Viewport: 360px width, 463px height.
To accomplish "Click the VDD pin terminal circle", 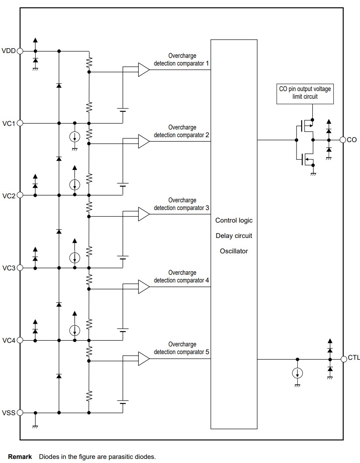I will click(x=19, y=51).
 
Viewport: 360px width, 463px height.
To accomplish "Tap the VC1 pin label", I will click(x=8, y=123).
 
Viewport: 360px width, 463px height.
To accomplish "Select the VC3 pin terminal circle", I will click(x=19, y=268).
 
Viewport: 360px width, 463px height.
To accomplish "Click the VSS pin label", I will click(x=8, y=413).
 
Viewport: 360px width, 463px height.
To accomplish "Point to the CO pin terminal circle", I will click(x=343, y=140).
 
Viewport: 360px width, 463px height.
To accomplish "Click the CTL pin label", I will click(x=354, y=358).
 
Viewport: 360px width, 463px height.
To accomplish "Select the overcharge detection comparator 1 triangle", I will click(x=143, y=70).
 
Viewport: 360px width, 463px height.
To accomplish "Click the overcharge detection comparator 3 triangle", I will click(x=143, y=214).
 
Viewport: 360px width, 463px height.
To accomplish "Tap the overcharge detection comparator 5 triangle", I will click(x=143, y=359).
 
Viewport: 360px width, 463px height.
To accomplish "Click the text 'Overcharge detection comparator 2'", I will click(x=181, y=131).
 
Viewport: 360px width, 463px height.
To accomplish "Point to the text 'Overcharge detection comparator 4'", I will click(x=181, y=276).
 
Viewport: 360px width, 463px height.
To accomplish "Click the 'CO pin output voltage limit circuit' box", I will click(x=305, y=93).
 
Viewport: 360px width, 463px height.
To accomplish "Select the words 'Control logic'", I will click(x=234, y=221).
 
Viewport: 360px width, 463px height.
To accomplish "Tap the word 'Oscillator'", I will click(x=234, y=251).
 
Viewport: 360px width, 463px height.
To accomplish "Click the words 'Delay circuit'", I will click(x=234, y=236).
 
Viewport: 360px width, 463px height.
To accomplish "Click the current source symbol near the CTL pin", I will click(x=297, y=373).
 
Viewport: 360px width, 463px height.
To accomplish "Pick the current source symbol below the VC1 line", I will click(x=74, y=137).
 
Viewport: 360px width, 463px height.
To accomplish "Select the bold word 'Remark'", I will click(x=20, y=457).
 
